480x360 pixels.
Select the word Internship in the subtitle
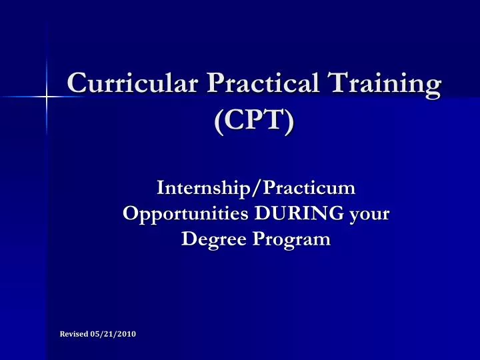tap(206, 189)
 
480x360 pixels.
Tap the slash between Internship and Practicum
tap(259, 189)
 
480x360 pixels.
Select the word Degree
tap(212, 239)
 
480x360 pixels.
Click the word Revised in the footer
tap(74, 333)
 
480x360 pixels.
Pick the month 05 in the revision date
tap(96, 333)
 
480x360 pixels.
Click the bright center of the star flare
tap(46, 97)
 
